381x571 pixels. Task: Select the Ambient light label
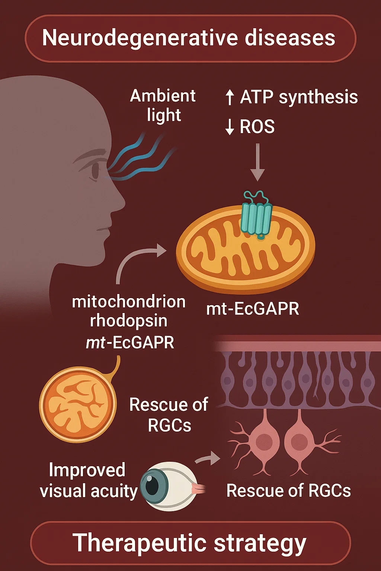click(163, 106)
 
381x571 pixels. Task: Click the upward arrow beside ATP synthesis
click(230, 97)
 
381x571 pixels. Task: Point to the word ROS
click(257, 127)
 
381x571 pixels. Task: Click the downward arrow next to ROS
click(230, 127)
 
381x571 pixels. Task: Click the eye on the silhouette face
click(95, 170)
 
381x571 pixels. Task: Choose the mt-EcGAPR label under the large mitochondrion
click(253, 309)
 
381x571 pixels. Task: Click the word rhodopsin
click(128, 321)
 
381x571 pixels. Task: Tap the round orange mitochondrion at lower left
click(78, 404)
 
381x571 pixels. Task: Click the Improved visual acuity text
click(88, 480)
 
